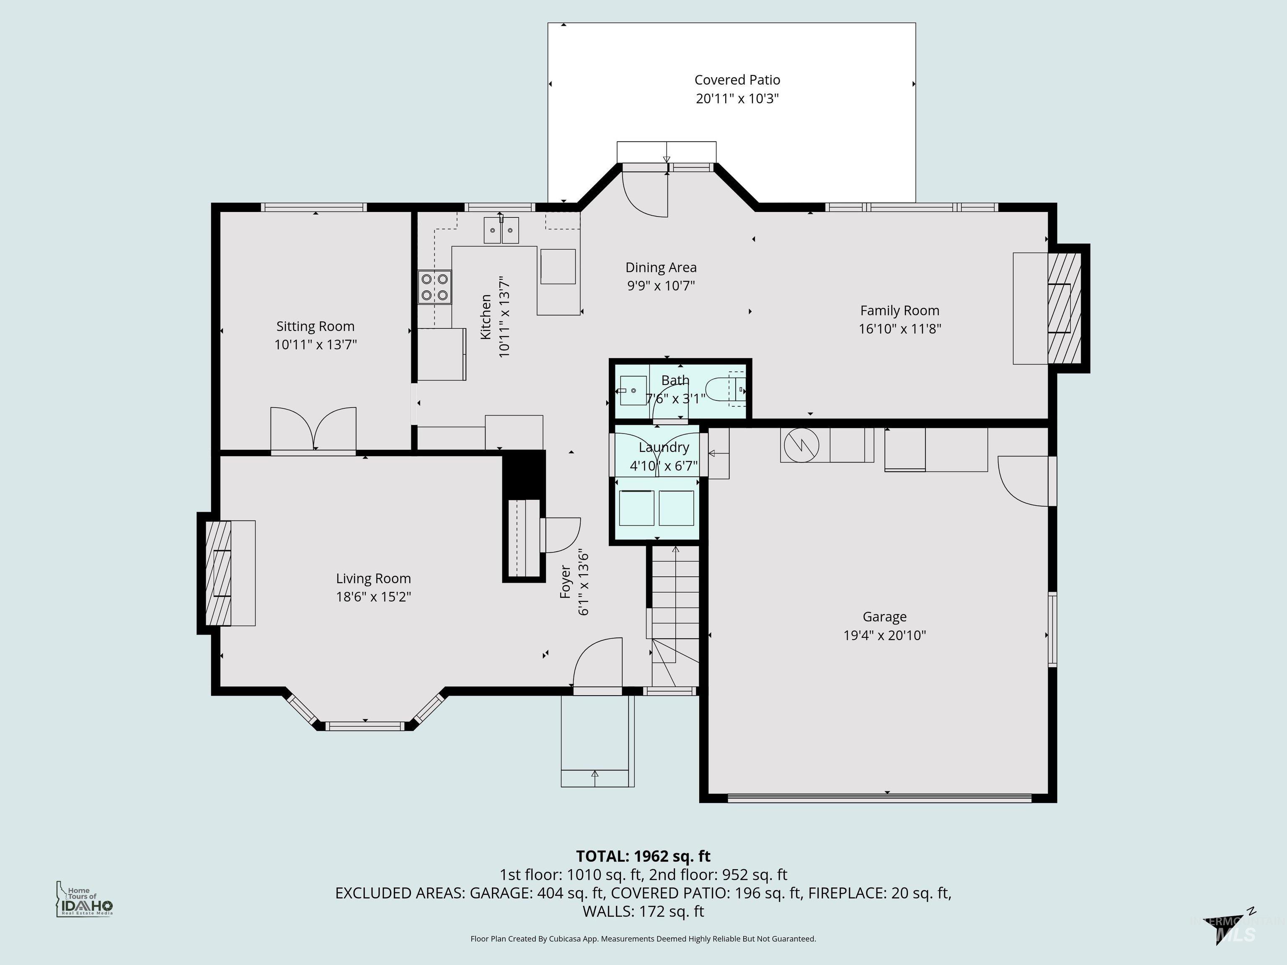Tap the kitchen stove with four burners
434,287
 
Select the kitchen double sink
501,231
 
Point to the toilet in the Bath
724,389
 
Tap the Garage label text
884,617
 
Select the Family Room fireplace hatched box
1064,308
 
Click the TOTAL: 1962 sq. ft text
643,856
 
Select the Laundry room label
663,447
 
